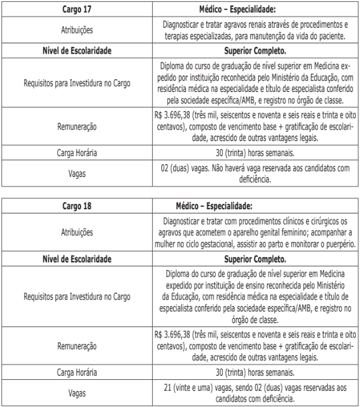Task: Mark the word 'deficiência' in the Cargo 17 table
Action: (x=256, y=179)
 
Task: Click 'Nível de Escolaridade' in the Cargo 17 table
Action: (x=78, y=51)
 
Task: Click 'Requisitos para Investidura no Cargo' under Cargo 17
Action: (x=78, y=83)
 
